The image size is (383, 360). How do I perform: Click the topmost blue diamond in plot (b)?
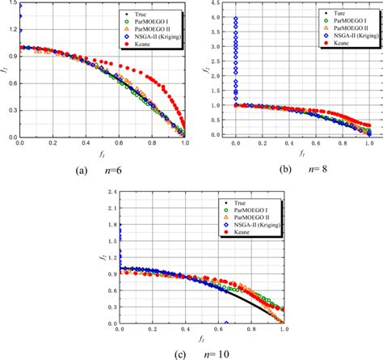point(235,19)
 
